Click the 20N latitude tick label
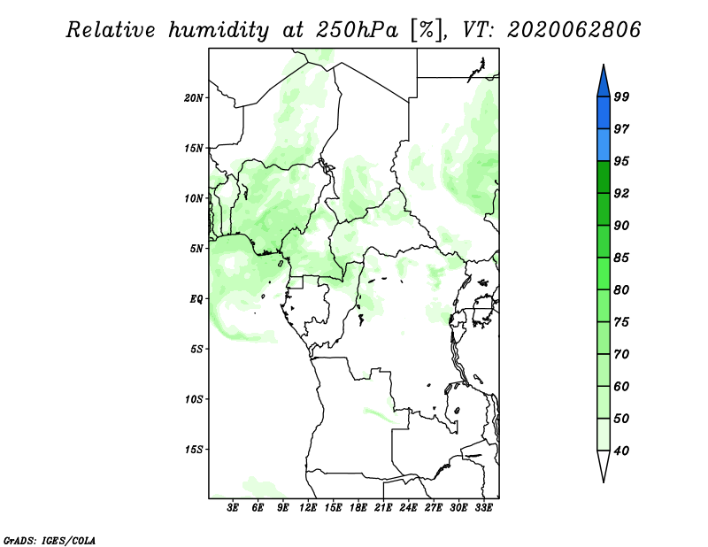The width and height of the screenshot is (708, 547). coord(194,98)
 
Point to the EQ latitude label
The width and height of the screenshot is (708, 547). coord(196,299)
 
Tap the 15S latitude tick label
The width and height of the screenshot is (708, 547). coord(194,450)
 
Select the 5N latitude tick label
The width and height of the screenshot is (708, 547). coord(196,249)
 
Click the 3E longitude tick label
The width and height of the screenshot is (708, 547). coord(233,507)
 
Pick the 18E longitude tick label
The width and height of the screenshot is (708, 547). coord(358,507)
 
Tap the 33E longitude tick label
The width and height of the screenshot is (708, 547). coord(483,507)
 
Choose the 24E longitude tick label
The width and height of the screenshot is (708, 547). coord(408,507)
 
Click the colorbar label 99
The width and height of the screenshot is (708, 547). coord(621,96)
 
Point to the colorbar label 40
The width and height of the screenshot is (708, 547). coord(621,451)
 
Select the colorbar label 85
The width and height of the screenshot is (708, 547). coord(621,258)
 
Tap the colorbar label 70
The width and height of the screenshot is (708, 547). coord(621,354)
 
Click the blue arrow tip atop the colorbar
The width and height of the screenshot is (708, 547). coord(604,65)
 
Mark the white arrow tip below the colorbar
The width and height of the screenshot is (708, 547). coord(604,482)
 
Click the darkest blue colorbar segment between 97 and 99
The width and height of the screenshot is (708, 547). coord(604,113)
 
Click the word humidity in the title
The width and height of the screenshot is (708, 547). coord(219,30)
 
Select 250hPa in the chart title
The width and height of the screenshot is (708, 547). coord(357,30)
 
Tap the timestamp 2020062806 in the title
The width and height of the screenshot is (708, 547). coord(573,30)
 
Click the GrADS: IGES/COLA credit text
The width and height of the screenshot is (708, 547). coord(50,540)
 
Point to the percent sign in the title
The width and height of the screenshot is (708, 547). coord(427,30)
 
